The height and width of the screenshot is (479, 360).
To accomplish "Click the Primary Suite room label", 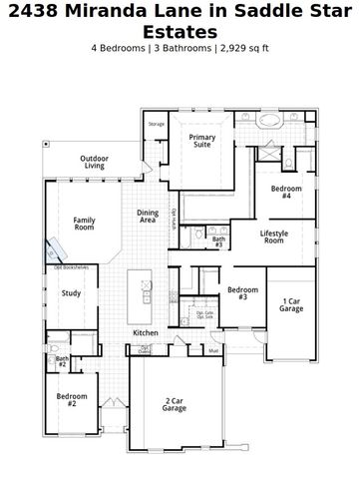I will (x=202, y=142).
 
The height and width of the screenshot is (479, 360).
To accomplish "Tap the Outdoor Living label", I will (x=95, y=162).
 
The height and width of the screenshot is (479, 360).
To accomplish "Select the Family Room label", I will (x=84, y=224).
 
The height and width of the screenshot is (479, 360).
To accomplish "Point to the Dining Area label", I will (x=147, y=217).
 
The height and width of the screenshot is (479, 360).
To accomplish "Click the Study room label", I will (x=71, y=293).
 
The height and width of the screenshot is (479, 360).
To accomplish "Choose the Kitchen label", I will (x=146, y=332).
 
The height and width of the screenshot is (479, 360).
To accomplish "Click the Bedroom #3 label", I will (x=242, y=293).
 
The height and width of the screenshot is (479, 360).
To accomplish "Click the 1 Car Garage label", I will (x=290, y=304).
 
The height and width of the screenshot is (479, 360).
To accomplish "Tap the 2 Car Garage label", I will (x=175, y=404).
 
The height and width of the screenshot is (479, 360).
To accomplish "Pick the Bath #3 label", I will (x=218, y=240).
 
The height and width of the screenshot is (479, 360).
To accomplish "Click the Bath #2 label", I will (x=62, y=361).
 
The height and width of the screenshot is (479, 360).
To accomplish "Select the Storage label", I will (x=157, y=124).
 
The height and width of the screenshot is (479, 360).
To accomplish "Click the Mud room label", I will (x=213, y=350).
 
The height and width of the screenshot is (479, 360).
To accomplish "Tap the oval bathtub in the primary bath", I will (x=271, y=122).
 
